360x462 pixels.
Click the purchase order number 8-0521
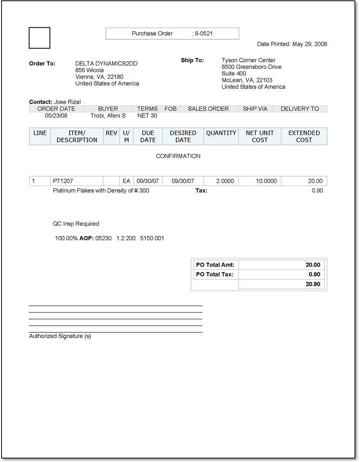tap(204, 34)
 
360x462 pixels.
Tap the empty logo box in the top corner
tap(40, 38)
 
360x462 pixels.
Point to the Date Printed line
tap(292, 44)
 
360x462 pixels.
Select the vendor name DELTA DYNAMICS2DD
tap(106, 63)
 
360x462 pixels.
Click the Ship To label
tap(192, 60)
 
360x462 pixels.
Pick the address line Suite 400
tap(234, 74)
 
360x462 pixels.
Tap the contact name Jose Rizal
tap(67, 102)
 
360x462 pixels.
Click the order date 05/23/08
tap(56, 116)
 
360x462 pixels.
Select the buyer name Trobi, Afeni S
tap(108, 116)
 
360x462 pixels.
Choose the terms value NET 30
tap(147, 116)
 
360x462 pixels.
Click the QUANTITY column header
tap(221, 133)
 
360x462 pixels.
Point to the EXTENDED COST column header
tap(304, 136)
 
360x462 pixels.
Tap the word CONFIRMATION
tap(178, 156)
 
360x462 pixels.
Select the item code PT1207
tap(63, 181)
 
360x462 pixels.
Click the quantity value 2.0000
tap(225, 181)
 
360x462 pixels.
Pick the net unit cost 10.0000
tap(266, 181)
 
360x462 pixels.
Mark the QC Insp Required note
tap(76, 224)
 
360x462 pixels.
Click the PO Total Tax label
tap(214, 275)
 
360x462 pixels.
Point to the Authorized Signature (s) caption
tap(60, 336)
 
